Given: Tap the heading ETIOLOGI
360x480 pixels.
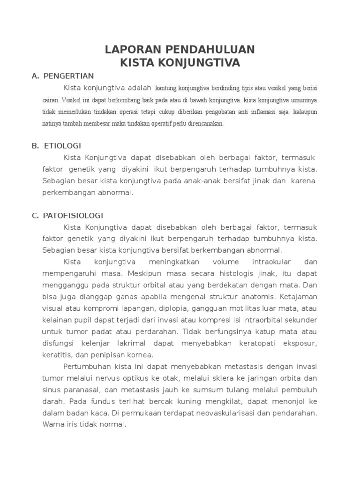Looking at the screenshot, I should [62, 146].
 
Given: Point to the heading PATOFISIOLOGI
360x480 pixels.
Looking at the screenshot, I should [73, 216].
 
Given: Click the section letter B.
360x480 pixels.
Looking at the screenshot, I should [35, 146].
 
